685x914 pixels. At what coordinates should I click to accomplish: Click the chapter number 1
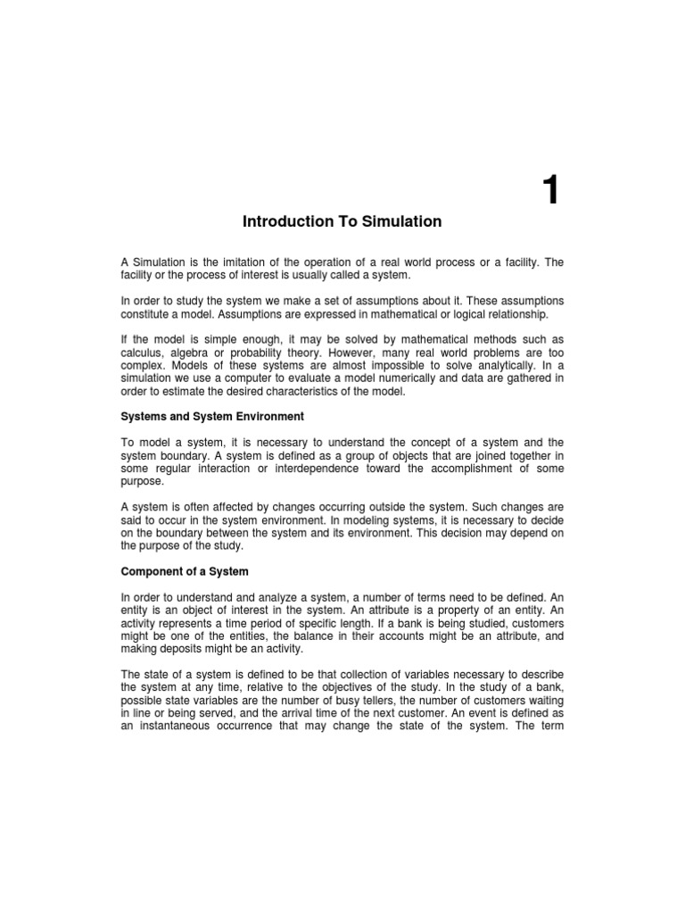[x=551, y=190]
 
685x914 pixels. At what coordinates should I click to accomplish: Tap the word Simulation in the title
[x=398, y=221]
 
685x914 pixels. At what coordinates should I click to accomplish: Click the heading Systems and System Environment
[x=212, y=417]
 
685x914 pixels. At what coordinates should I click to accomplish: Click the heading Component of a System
[x=185, y=571]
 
